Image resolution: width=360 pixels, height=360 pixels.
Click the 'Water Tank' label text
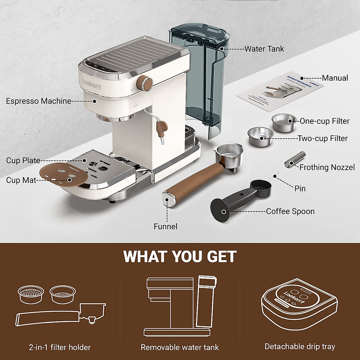[x=264, y=49]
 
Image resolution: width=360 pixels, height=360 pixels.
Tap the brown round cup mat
[x=64, y=177]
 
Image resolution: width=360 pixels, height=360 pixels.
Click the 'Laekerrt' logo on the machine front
[x=92, y=83]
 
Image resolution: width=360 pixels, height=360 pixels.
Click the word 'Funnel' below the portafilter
[x=165, y=226]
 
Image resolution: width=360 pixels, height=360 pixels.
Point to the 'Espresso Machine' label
[x=38, y=101]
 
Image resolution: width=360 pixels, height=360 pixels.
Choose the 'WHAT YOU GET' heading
[x=180, y=257]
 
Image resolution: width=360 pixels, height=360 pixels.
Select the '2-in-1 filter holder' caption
[x=60, y=347]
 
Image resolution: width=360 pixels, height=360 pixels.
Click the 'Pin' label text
[x=300, y=188]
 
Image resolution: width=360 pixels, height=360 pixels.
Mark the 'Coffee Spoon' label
[x=290, y=211]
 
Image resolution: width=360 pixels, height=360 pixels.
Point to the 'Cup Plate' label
[x=23, y=160]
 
